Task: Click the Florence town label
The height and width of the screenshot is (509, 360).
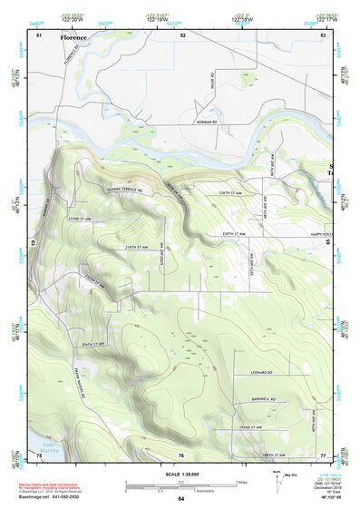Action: tap(74, 38)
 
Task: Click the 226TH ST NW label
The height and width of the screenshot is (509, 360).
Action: tap(231, 193)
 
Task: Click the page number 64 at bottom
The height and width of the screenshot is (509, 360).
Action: tap(180, 498)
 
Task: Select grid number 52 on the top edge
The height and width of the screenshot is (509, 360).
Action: tap(182, 34)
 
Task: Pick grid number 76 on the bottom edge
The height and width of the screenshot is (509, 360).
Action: tap(181, 454)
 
